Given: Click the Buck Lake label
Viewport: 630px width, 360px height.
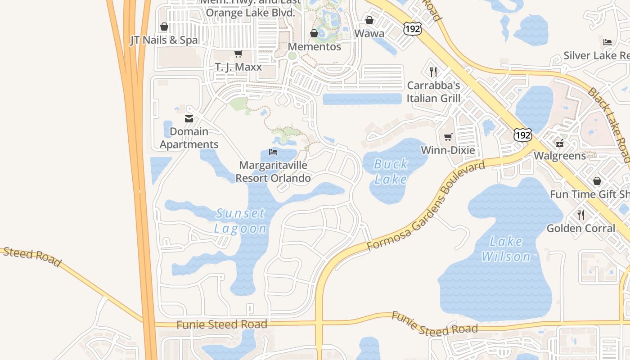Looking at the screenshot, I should [x=391, y=171].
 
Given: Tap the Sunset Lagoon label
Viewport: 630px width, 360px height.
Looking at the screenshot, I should [x=240, y=220].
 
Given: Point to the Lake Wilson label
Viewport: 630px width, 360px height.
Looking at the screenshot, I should [x=506, y=249].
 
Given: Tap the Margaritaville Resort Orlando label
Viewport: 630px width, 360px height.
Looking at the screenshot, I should [x=273, y=171].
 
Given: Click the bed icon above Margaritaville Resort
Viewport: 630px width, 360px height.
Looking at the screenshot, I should [x=273, y=152].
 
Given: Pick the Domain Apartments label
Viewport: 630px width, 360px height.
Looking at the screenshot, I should [x=189, y=138].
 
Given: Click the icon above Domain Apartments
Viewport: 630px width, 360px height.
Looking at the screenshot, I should [x=189, y=119].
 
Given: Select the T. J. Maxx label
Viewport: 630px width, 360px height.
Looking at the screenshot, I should [x=238, y=67].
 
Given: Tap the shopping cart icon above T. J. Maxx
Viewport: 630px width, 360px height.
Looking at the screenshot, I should [x=238, y=54].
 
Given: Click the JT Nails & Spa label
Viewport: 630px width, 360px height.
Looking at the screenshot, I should [x=164, y=40].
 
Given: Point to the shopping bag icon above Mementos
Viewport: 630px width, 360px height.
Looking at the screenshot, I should [x=314, y=33].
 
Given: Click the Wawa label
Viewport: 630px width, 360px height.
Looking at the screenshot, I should [x=369, y=33].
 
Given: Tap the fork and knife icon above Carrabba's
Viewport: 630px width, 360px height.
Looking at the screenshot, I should [x=433, y=72].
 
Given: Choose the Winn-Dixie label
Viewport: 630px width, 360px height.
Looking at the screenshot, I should [x=448, y=150].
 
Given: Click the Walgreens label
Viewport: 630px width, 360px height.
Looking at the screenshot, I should [x=560, y=156].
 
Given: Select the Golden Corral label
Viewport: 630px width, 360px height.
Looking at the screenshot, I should [x=580, y=228].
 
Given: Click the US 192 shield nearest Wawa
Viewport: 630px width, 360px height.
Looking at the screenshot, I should [x=412, y=29].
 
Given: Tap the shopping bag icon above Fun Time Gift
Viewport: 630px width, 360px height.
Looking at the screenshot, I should [x=597, y=181].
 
